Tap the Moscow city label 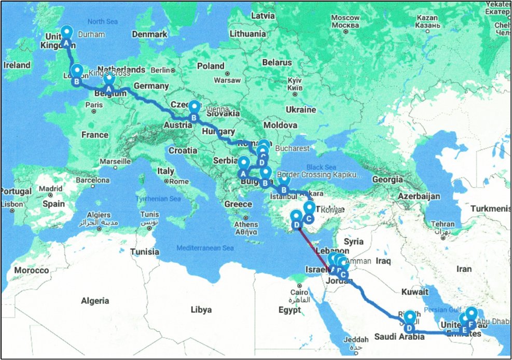coord(345,21)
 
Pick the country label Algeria coord(95,300)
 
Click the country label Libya coord(201,310)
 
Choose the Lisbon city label coord(13,204)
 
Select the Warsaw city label coord(228,80)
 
